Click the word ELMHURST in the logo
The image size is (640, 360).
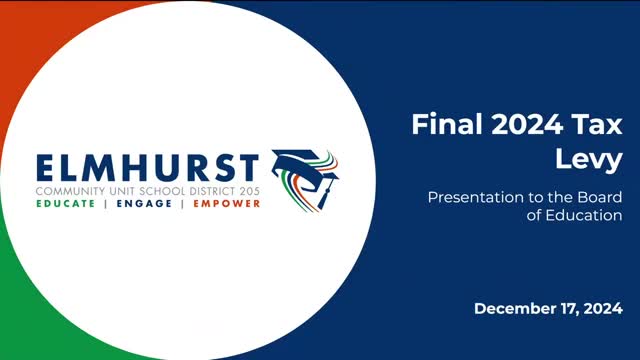pyautogui.click(x=147, y=166)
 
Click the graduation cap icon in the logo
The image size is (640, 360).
pyautogui.click(x=305, y=175)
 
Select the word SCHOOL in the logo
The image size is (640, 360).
pyautogui.click(x=158, y=189)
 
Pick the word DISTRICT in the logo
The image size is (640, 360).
pyautogui.click(x=207, y=189)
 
